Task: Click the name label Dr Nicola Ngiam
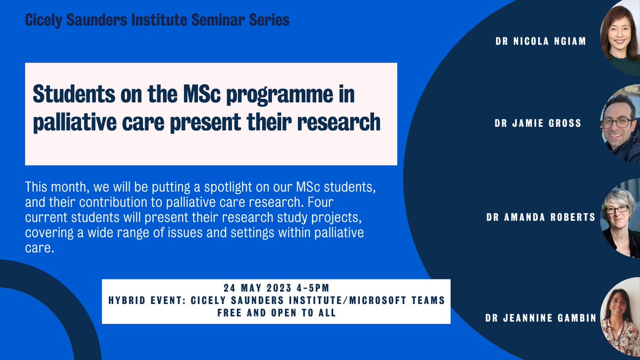click(x=540, y=41)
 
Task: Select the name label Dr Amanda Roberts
click(x=540, y=217)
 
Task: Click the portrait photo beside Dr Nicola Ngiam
click(x=620, y=33)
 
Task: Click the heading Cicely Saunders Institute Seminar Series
click(x=157, y=21)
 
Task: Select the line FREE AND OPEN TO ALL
click(x=276, y=313)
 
